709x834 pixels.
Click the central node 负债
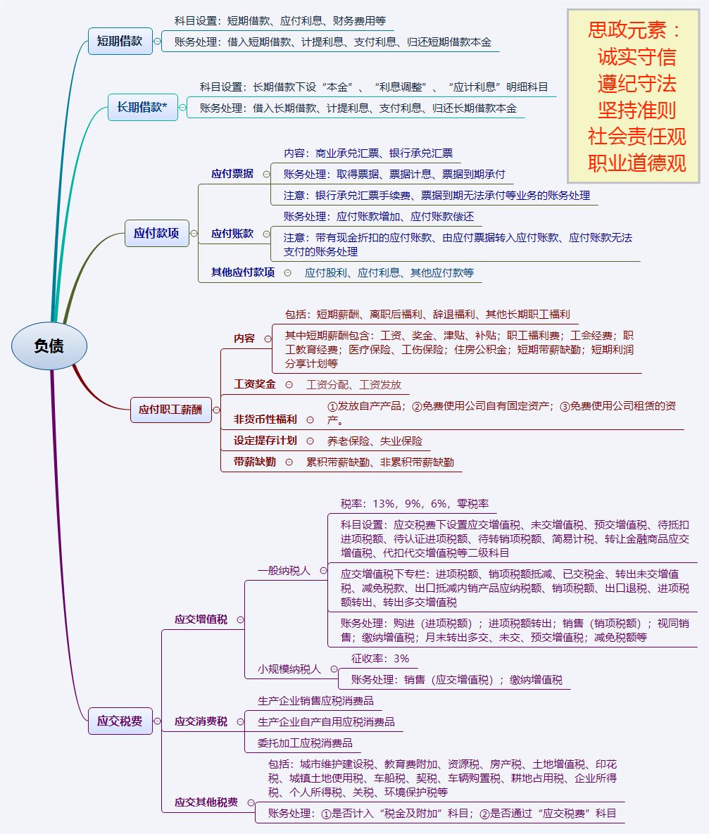click(49, 346)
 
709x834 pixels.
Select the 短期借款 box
click(120, 41)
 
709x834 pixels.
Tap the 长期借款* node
click(142, 107)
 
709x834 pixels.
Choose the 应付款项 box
click(156, 233)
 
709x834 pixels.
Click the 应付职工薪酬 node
click(170, 410)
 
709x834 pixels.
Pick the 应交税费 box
click(120, 721)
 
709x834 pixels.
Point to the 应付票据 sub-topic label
click(232, 174)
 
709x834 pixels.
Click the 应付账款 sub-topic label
click(232, 234)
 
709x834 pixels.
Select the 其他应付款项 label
click(243, 272)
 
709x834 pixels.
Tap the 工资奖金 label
click(254, 385)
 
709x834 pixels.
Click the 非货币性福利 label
click(265, 419)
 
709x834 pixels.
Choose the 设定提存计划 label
click(265, 441)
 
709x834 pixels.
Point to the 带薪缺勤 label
click(255, 462)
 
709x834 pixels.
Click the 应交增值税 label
click(201, 619)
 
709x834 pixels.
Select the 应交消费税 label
click(201, 721)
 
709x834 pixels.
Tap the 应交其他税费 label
click(206, 802)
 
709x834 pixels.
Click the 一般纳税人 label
click(284, 571)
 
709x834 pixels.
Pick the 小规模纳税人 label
click(289, 669)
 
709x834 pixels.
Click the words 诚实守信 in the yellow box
click(636, 56)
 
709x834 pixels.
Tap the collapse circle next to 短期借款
click(157, 42)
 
